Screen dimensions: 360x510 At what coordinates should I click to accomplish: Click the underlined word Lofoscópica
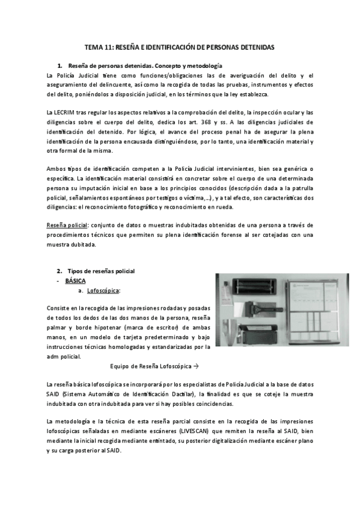tap(103, 290)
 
